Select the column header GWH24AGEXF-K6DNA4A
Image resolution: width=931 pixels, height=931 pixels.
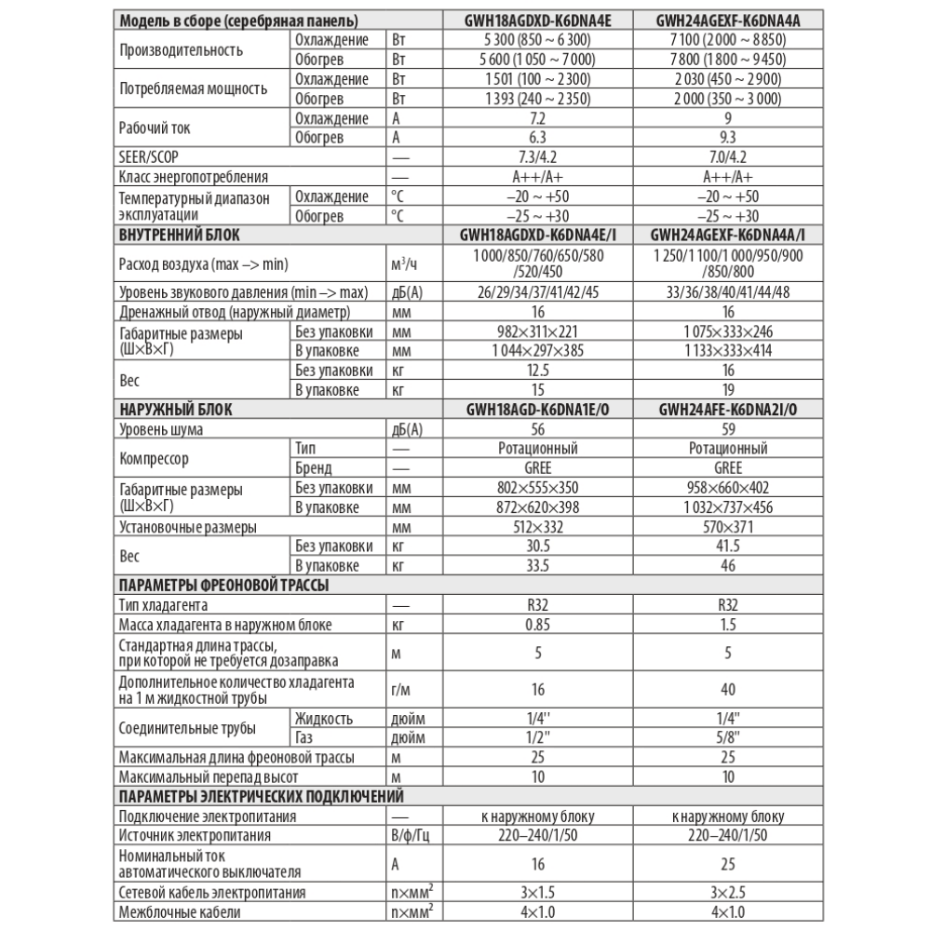tap(728, 19)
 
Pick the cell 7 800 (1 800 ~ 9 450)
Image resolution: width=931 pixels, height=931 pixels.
tap(728, 59)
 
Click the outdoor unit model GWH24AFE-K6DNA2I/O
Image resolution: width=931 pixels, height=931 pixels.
tap(728, 409)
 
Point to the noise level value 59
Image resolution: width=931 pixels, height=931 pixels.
tap(728, 429)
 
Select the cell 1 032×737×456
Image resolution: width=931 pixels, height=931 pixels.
tap(728, 506)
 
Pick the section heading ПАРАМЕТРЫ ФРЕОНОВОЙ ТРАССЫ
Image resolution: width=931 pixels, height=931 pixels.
tap(224, 585)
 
